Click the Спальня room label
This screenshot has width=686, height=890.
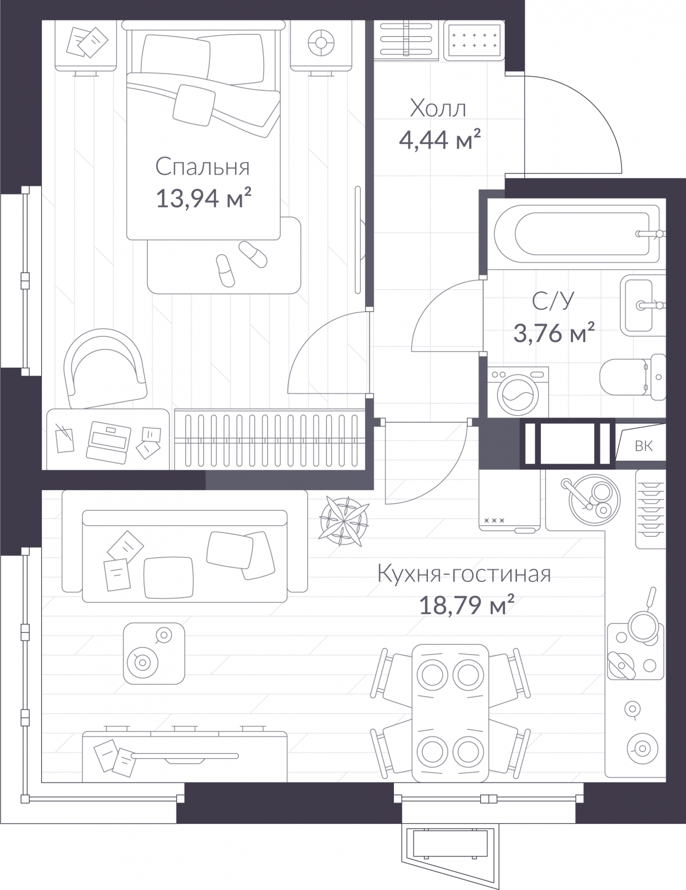203,167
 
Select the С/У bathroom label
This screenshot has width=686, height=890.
553,301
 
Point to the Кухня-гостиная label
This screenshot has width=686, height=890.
463,575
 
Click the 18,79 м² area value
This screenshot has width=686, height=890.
466,605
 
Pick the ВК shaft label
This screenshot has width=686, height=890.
643,446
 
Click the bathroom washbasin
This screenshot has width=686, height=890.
643,305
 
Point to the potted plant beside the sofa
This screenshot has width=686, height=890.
344,521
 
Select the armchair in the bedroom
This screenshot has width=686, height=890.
105,368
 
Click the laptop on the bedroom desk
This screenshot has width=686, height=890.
108,442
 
